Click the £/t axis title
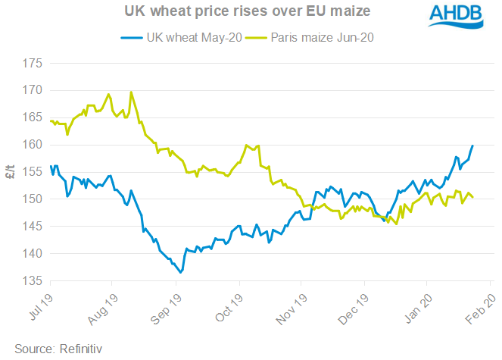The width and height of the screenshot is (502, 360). click(11, 172)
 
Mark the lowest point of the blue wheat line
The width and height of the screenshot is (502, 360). click(179, 271)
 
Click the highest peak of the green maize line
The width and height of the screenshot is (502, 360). click(132, 92)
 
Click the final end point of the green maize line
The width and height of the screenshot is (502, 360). click(473, 198)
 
